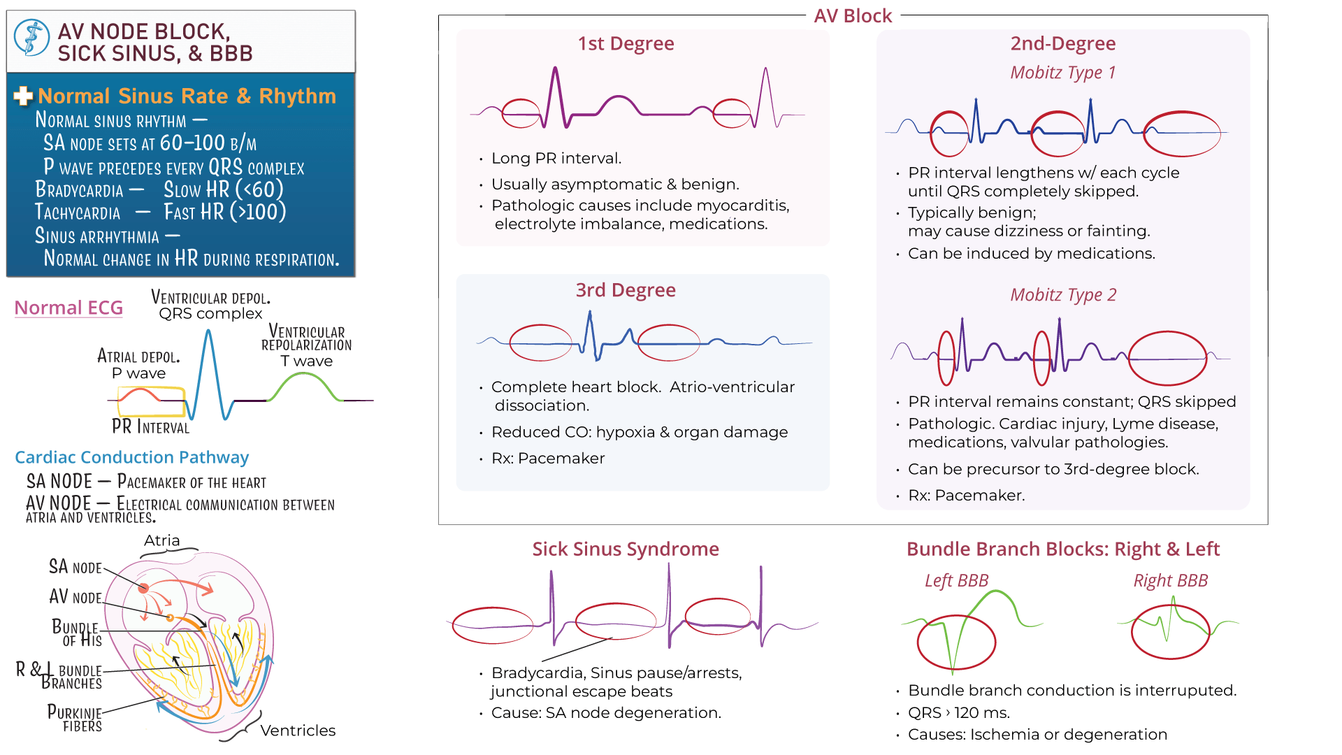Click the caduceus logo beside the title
(x=31, y=38)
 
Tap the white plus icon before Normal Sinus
(x=23, y=96)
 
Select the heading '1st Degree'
(x=626, y=44)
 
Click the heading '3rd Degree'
(x=626, y=290)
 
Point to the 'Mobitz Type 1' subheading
(x=1062, y=73)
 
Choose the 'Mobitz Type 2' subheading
(x=1062, y=295)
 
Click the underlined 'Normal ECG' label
(x=68, y=308)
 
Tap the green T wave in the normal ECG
(x=304, y=381)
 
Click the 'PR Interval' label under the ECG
(x=150, y=426)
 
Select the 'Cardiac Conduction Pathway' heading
(x=131, y=457)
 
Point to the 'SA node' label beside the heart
(x=75, y=567)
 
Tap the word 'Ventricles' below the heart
(x=298, y=731)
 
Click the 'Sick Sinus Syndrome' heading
(x=626, y=549)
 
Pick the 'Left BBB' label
(x=956, y=581)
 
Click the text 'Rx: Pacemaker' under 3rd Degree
(x=548, y=459)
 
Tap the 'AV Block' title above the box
(x=853, y=16)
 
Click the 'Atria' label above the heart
(x=161, y=540)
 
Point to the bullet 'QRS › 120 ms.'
(x=958, y=713)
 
